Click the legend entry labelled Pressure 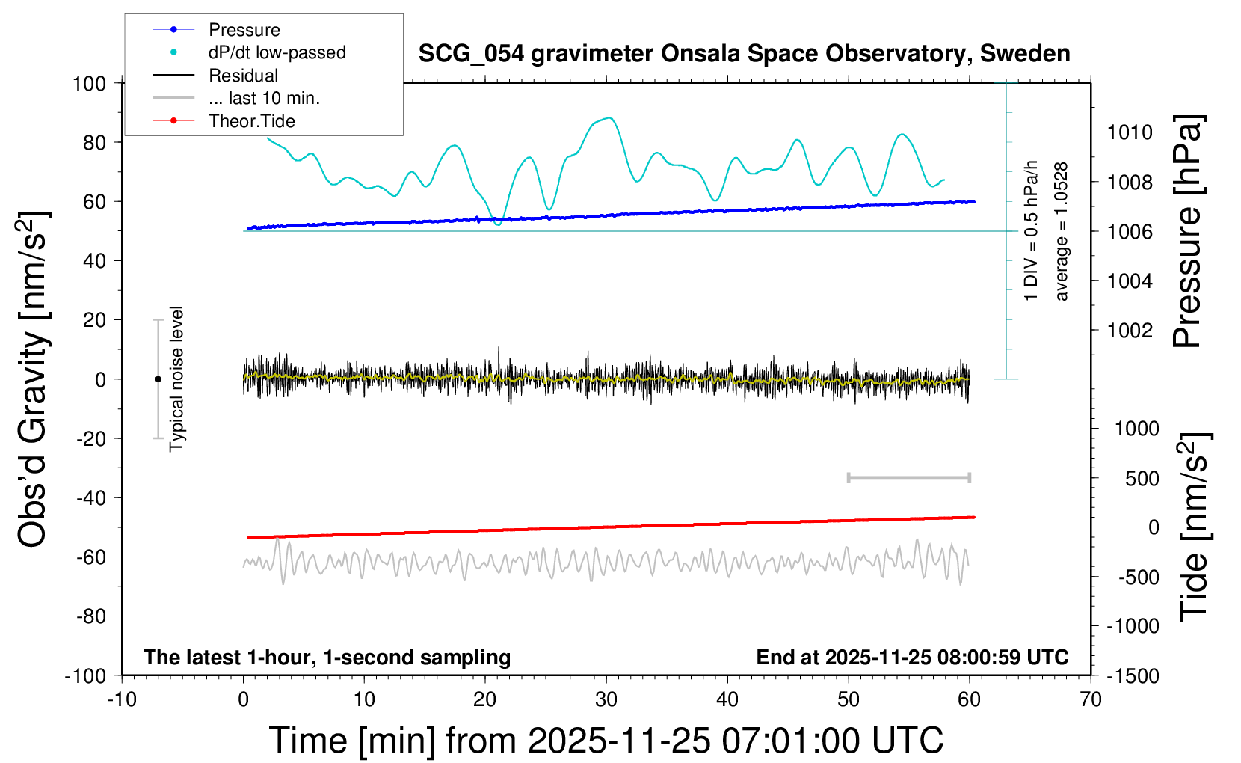pos(244,30)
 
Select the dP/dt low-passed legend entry pos(277,52)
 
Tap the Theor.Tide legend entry pos(251,121)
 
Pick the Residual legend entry pos(243,76)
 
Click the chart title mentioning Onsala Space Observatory pos(744,54)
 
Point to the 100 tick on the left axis pos(89,83)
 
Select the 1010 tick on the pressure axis pos(1130,132)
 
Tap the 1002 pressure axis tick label pos(1130,330)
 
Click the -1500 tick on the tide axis pos(1133,676)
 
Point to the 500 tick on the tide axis pos(1142,478)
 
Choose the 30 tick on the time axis pos(606,699)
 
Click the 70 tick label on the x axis pos(1091,699)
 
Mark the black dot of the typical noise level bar pos(158,379)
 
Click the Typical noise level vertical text pos(176,379)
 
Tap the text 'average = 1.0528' pos(1062,232)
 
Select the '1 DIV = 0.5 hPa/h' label pos(1032,230)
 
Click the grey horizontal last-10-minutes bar pos(908,477)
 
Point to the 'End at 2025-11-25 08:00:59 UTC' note pos(912,658)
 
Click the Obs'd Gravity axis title pos(34,379)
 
